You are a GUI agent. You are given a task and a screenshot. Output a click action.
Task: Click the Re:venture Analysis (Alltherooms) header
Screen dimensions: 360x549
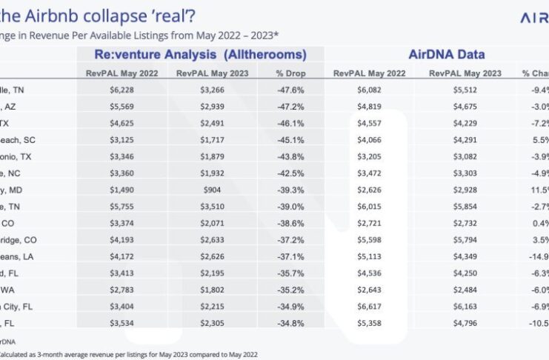[x=200, y=55]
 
